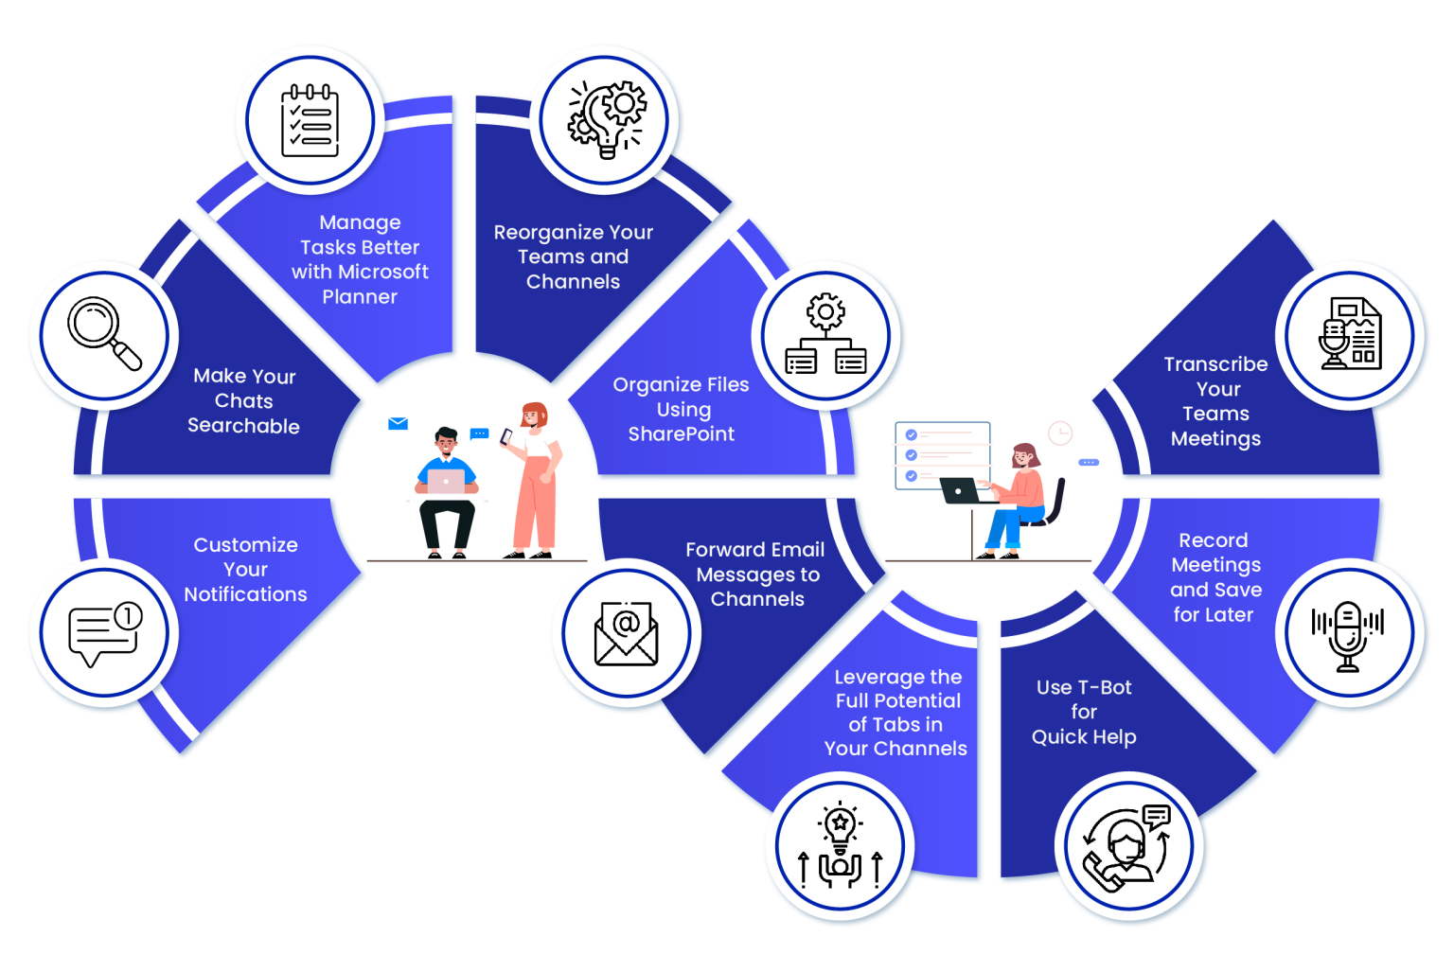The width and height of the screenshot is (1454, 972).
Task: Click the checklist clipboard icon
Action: coord(310,121)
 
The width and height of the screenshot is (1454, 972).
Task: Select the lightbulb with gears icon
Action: coord(606,119)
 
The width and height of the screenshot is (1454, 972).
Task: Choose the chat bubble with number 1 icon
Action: coord(104,632)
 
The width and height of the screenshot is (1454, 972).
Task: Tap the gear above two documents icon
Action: coord(825,335)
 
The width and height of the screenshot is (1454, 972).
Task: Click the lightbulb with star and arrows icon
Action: coord(840,846)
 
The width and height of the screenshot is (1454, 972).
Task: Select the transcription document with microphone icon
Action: coord(1350,335)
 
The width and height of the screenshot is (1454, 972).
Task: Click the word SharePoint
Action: coord(682,434)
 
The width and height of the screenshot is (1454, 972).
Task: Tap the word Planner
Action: coord(360,297)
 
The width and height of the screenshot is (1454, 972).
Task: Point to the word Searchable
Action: coord(243,426)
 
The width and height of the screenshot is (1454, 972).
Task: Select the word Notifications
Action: coord(245,594)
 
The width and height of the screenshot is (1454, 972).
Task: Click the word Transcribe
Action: coord(1215,364)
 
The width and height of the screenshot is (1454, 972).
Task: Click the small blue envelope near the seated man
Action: coord(398,423)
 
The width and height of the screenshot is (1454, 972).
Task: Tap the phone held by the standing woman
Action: coord(506,436)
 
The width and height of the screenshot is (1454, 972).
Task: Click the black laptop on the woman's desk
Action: coord(960,491)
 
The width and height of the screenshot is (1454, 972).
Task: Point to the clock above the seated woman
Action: coord(1060,433)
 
